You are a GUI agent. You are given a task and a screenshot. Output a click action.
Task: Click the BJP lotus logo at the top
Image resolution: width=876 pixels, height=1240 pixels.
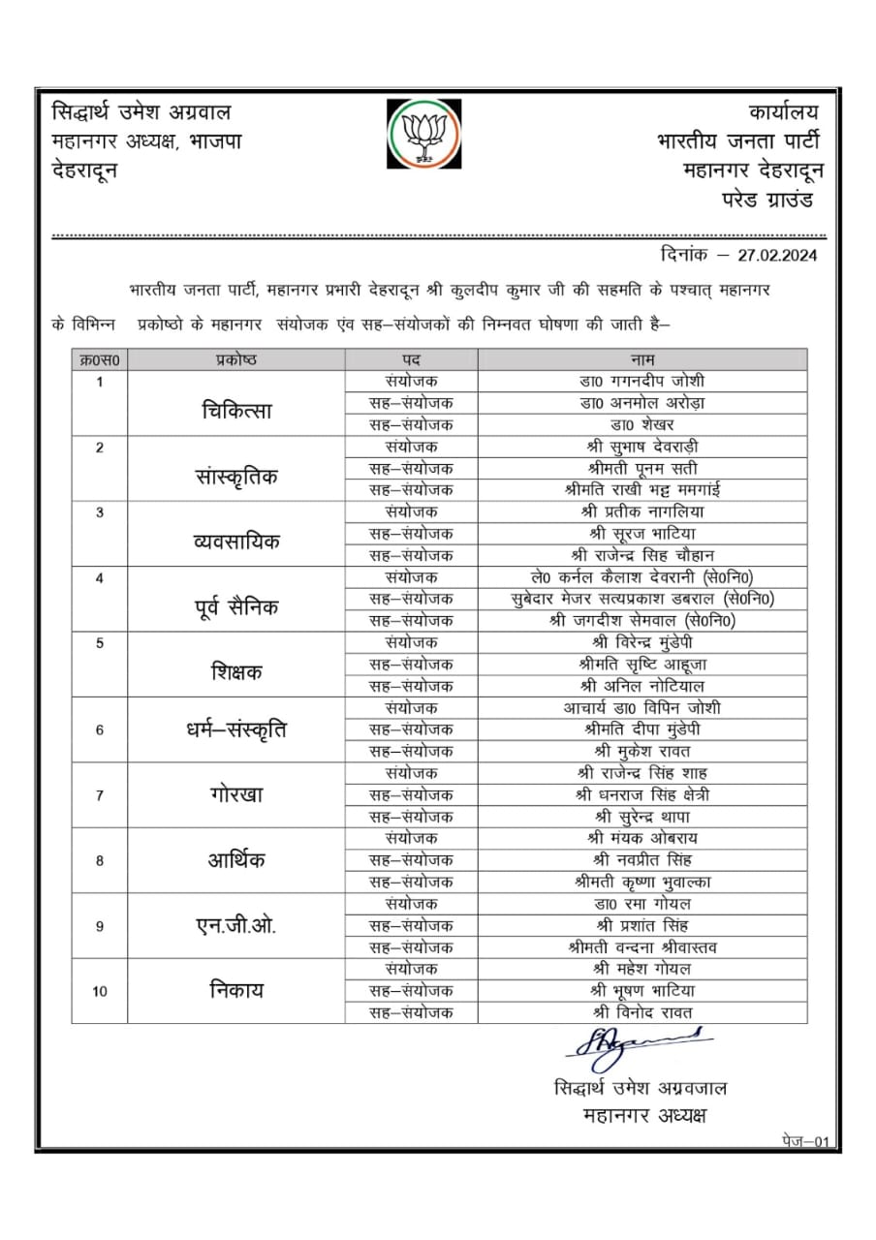(422, 134)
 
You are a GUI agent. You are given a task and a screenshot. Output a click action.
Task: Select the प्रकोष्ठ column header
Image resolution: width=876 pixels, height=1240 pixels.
(235, 359)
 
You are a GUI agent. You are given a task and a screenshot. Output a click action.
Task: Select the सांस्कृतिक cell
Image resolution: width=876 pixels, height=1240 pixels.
(237, 477)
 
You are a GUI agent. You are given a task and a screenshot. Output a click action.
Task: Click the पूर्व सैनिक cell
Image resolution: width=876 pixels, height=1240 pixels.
(236, 608)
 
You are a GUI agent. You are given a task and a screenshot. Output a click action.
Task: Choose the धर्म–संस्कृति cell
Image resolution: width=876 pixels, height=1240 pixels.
(236, 729)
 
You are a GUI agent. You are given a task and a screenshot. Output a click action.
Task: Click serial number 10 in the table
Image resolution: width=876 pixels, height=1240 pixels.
(100, 991)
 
